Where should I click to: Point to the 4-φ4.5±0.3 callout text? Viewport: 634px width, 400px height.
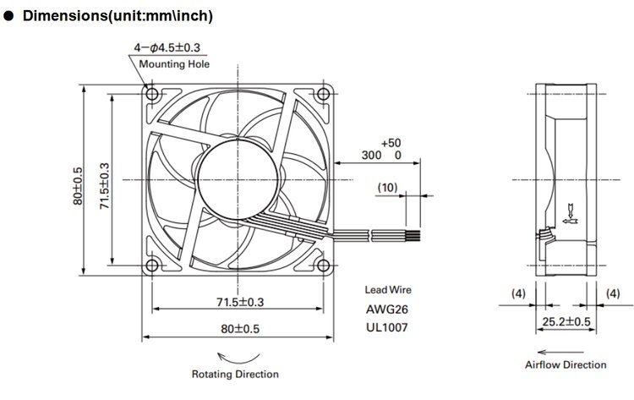(167, 47)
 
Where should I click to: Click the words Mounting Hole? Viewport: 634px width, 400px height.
(174, 64)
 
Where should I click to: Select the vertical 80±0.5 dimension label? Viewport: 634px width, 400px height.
(78, 186)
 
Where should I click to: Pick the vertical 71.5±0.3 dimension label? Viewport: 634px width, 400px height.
(104, 186)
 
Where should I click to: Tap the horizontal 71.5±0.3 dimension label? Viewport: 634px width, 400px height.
(240, 302)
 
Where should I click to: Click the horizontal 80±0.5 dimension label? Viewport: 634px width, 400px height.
(240, 328)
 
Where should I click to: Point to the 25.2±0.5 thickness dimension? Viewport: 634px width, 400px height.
(566, 321)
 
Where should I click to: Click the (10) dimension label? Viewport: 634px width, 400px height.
(387, 187)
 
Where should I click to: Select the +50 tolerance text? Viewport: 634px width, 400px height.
(391, 143)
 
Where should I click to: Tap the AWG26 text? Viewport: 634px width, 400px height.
(387, 310)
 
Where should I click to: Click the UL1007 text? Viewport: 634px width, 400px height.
(387, 327)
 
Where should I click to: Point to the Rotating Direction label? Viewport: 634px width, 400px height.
(235, 374)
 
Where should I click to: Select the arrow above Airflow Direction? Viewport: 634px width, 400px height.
(560, 353)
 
